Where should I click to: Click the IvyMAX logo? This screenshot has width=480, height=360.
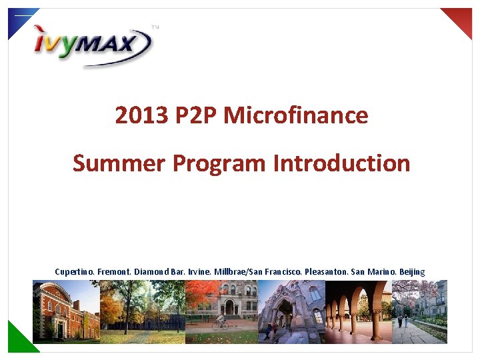coord(93,45)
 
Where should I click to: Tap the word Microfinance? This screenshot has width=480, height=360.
coord(296,116)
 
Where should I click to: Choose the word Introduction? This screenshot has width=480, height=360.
coord(341,163)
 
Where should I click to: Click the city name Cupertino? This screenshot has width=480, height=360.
coord(75,272)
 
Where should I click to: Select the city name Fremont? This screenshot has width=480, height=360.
coord(115,272)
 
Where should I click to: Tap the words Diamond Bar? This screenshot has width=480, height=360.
coord(160,272)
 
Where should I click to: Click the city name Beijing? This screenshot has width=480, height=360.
coord(412,272)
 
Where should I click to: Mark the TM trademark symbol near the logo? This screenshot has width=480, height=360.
coord(155,28)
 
